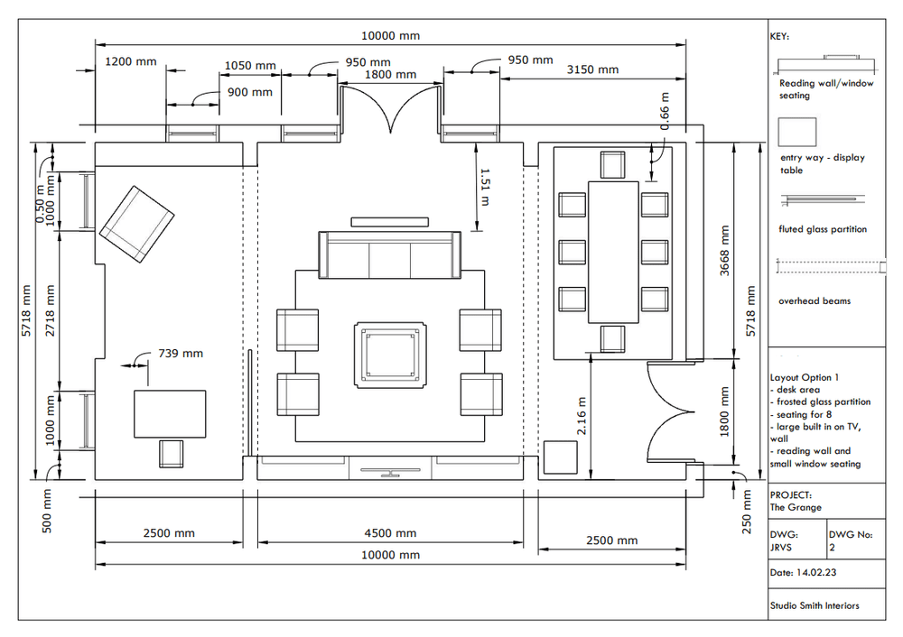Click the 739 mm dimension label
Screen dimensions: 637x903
(181, 353)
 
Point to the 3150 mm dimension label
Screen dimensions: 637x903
(591, 69)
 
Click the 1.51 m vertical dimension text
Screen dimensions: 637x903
(485, 187)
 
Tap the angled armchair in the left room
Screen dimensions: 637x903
(135, 224)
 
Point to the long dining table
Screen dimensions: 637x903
(614, 251)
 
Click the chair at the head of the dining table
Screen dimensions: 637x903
(613, 165)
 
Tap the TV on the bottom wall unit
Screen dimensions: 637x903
(389, 469)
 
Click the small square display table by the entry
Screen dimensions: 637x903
(560, 457)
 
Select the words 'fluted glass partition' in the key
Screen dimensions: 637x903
(822, 229)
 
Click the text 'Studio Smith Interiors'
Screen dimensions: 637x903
(814, 605)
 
